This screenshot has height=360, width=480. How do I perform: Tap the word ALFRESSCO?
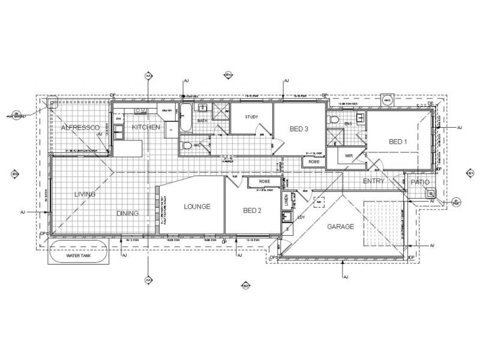pyautogui.click(x=80, y=128)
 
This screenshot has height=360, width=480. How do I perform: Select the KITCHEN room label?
pyautogui.click(x=146, y=127)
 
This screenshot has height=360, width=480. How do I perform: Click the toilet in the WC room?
pyautogui.click(x=187, y=145)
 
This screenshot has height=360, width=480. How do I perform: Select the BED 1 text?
pyautogui.click(x=398, y=142)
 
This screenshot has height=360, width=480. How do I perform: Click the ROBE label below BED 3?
pyautogui.click(x=313, y=161)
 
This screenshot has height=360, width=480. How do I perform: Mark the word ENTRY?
pyautogui.click(x=373, y=181)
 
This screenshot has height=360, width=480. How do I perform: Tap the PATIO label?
pyautogui.click(x=420, y=181)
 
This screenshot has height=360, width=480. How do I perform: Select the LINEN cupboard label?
pyautogui.click(x=286, y=199)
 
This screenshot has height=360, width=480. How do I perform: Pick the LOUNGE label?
pyautogui.click(x=197, y=206)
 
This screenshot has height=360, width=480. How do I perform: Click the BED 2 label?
pyautogui.click(x=252, y=210)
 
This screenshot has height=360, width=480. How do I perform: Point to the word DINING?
pyautogui.click(x=128, y=213)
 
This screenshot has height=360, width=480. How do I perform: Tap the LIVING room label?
pyautogui.click(x=85, y=194)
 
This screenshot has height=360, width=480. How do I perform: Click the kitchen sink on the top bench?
pyautogui.click(x=139, y=110)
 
